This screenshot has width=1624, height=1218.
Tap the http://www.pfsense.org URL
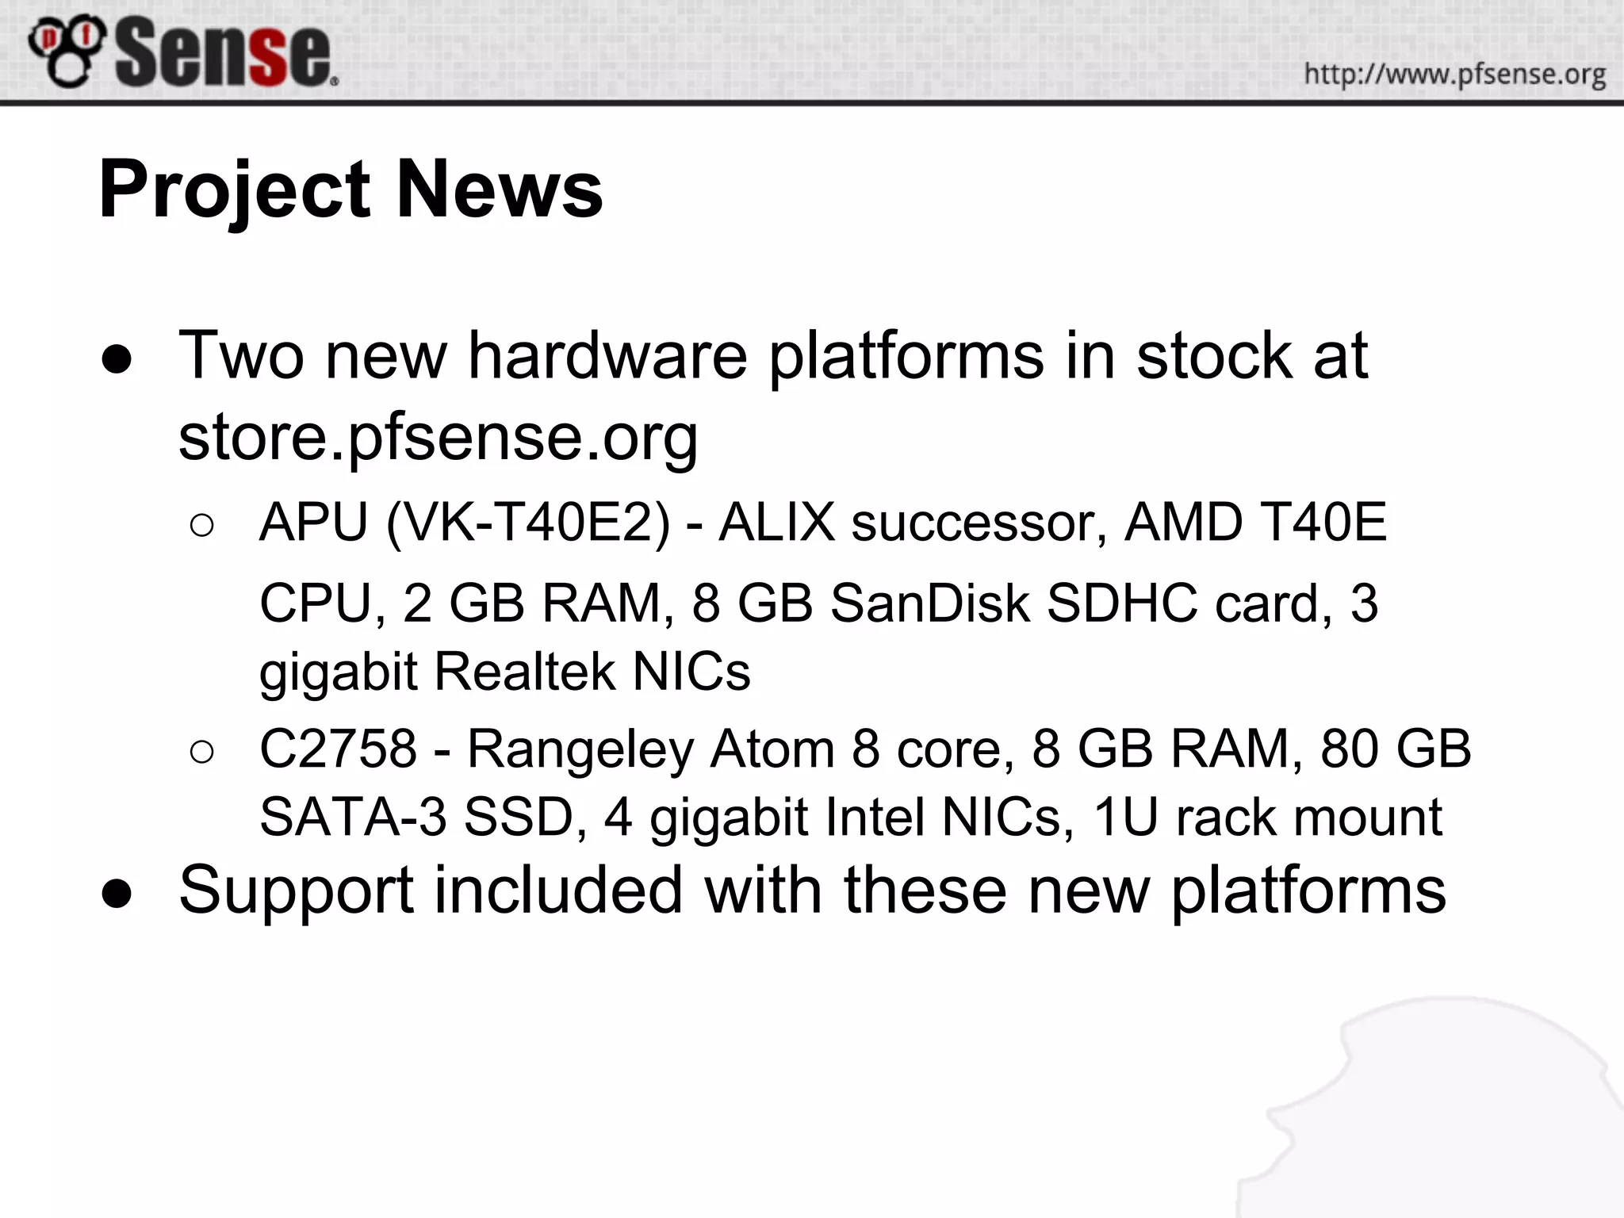click(x=1454, y=75)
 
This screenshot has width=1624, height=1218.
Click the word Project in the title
click(x=235, y=190)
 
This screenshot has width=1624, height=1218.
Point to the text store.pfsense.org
click(x=438, y=438)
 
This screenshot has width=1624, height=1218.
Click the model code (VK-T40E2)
click(x=528, y=523)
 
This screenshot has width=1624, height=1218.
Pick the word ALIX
click(x=776, y=523)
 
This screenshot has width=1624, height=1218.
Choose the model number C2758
click(x=338, y=749)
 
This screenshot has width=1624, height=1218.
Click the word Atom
click(x=772, y=749)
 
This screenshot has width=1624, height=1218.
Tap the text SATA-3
click(x=353, y=818)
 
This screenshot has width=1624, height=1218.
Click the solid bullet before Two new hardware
click(x=117, y=361)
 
